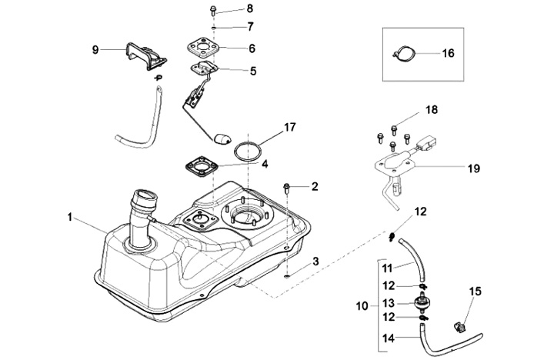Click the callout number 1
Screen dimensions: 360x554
[x=71, y=218]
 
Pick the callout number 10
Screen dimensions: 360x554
[x=363, y=305]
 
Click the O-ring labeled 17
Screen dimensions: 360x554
[x=246, y=148]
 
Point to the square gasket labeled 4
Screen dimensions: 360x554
[x=201, y=167]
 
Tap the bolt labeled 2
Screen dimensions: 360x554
[x=286, y=188]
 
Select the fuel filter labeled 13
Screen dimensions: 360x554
[x=422, y=303]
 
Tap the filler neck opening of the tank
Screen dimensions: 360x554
[x=143, y=198]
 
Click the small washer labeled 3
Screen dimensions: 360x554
[x=286, y=274]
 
